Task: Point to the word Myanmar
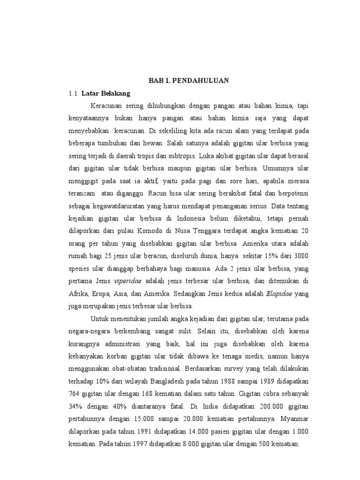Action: click(280, 419)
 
